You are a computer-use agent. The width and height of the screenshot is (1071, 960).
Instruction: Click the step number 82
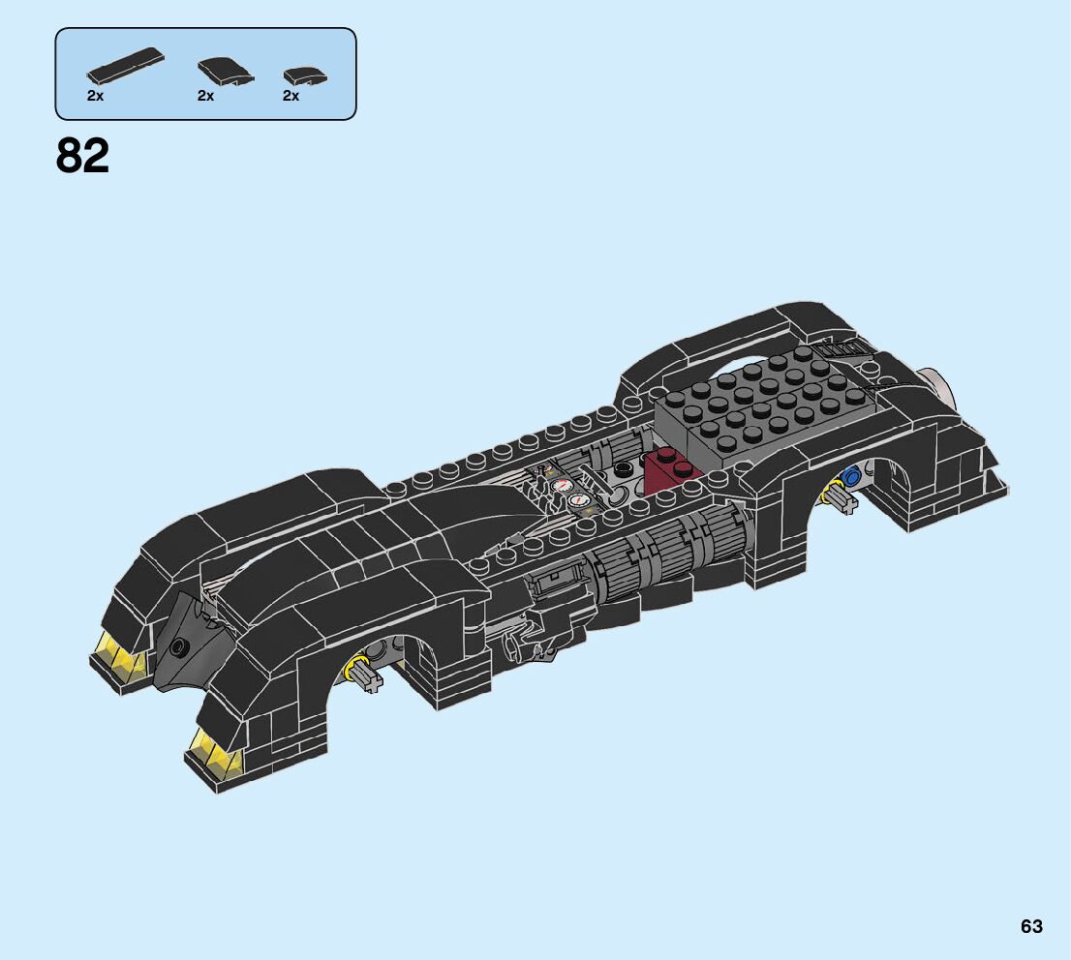(83, 155)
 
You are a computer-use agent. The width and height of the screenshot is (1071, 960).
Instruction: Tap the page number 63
(1031, 926)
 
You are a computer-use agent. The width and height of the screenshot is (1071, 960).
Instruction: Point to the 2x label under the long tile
(95, 96)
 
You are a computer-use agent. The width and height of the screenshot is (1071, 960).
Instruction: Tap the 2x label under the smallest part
(291, 96)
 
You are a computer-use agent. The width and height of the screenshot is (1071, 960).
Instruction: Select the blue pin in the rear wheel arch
(852, 476)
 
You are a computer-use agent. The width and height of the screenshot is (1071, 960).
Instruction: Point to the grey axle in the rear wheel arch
(841, 497)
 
